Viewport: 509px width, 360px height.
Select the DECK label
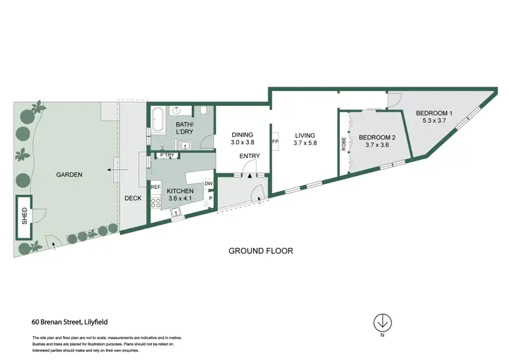pos(132,198)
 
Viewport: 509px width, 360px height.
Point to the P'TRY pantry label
pos(168,155)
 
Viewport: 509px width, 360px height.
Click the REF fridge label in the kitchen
pos(155,187)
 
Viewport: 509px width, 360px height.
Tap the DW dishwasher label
pos(208,183)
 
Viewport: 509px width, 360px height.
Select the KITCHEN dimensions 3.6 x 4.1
pos(181,200)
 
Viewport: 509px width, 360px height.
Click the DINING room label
pos(242,134)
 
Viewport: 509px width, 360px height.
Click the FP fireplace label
pos(275,141)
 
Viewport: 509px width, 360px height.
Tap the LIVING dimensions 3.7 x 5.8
pos(305,143)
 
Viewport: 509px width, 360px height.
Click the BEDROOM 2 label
pos(377,136)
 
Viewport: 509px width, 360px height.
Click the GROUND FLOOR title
pos(261,251)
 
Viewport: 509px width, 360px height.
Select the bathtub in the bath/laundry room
pos(156,120)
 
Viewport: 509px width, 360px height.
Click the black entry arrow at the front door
pos(250,175)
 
